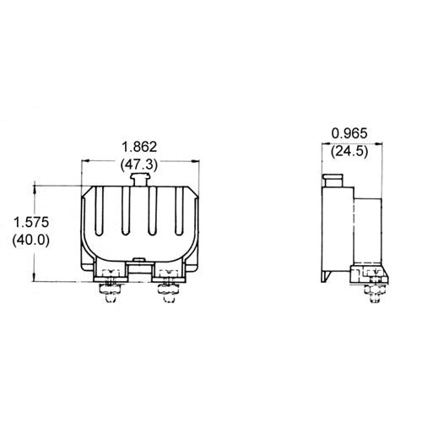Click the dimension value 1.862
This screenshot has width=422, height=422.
coord(140,146)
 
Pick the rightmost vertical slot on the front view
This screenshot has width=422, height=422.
coord(178,215)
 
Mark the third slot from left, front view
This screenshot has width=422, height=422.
coord(153,215)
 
